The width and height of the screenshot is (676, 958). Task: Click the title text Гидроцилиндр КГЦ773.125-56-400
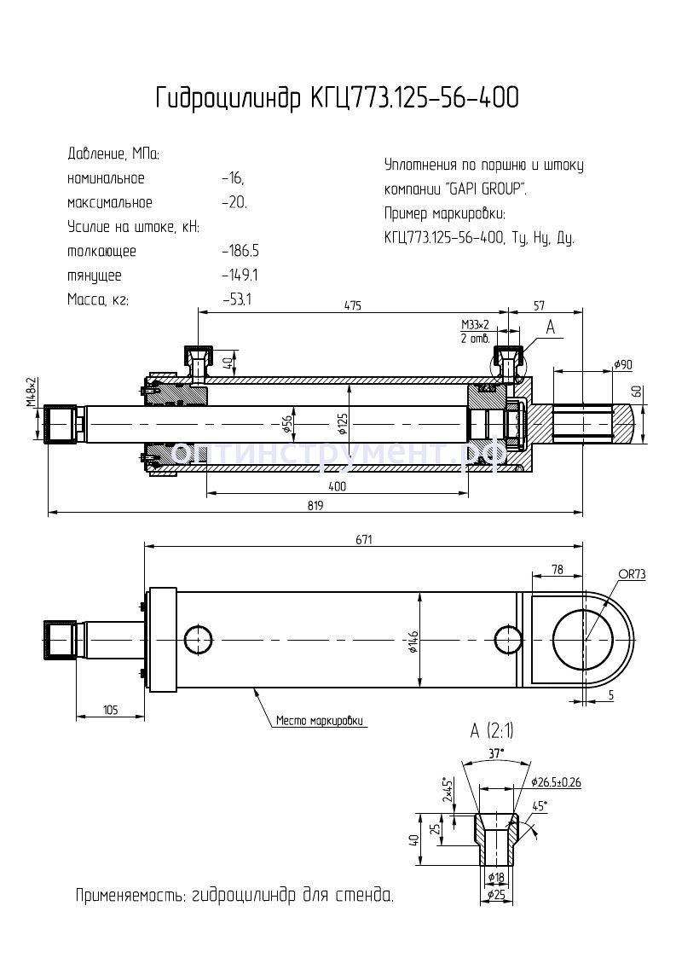pos(336,99)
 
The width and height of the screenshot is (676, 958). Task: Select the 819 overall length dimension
pos(315,505)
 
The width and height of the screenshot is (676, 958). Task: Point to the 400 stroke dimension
pos(337,486)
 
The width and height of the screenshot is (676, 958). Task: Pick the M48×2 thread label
pos(31,395)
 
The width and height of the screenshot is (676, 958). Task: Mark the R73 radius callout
pos(633,575)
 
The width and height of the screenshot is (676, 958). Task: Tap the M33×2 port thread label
pos(475,325)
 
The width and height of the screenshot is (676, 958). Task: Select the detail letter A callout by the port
pos(550,326)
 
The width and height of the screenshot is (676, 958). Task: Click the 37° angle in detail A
pos(497,752)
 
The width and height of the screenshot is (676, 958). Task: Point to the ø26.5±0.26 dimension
pos(561,781)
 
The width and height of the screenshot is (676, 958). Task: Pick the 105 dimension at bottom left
pos(110,710)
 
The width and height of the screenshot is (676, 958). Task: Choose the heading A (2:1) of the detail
pos(492,731)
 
